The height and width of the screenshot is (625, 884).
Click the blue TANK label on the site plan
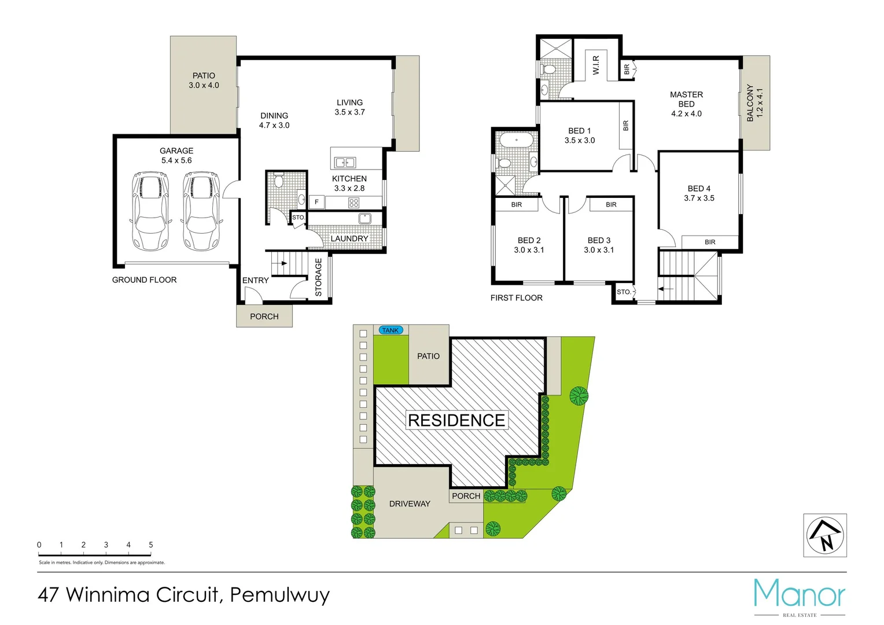pyautogui.click(x=391, y=330)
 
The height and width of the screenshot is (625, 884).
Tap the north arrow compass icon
pyautogui.click(x=825, y=536)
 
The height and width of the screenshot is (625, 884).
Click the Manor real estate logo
pyautogui.click(x=800, y=596)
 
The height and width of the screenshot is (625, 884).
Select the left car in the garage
pyautogui.click(x=150, y=211)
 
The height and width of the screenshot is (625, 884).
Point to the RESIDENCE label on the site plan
pyautogui.click(x=456, y=420)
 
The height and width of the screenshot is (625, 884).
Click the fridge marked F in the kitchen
pyautogui.click(x=316, y=202)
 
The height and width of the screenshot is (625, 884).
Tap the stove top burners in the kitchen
pyautogui.click(x=353, y=203)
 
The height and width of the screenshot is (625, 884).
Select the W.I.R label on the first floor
pyautogui.click(x=596, y=65)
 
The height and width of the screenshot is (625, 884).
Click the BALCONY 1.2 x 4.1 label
pyautogui.click(x=755, y=103)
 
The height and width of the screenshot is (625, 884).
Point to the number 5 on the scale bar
pyautogui.click(x=151, y=545)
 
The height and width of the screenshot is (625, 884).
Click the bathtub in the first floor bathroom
pyautogui.click(x=516, y=141)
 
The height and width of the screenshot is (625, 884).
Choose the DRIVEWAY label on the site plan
pyautogui.click(x=410, y=504)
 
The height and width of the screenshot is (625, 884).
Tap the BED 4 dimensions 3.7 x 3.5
pyautogui.click(x=699, y=198)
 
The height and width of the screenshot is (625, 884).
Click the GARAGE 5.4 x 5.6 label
pyautogui.click(x=176, y=156)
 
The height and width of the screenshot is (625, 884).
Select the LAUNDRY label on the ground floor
pyautogui.click(x=349, y=238)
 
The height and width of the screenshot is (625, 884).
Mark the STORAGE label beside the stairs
pyautogui.click(x=318, y=277)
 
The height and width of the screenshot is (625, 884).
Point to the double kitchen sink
pyautogui.click(x=345, y=163)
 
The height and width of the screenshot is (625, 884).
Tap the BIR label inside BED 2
pyautogui.click(x=517, y=205)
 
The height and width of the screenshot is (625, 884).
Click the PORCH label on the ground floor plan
pyautogui.click(x=264, y=317)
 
